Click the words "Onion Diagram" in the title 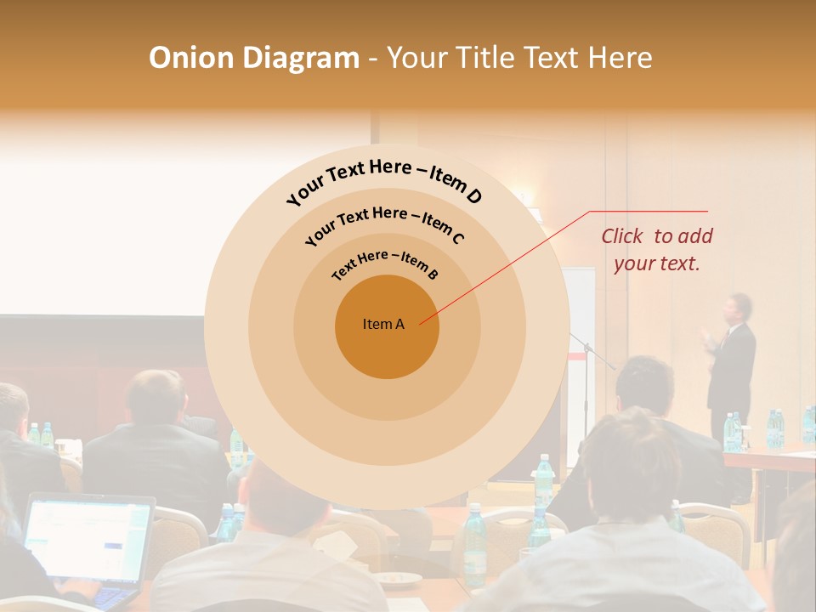(253, 58)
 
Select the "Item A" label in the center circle (383, 324)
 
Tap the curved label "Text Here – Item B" (385, 263)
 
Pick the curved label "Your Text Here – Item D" (384, 180)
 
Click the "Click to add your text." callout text (656, 250)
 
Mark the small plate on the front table (399, 579)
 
